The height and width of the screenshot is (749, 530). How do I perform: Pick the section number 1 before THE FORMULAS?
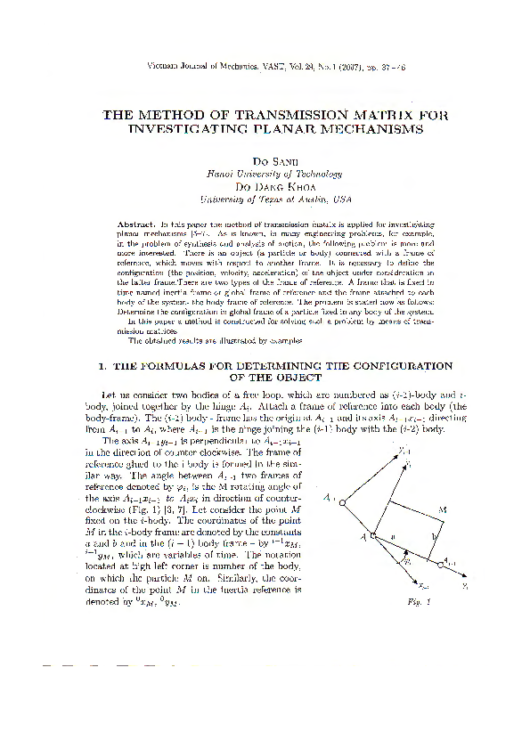101,365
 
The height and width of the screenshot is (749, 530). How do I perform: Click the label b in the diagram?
435,537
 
